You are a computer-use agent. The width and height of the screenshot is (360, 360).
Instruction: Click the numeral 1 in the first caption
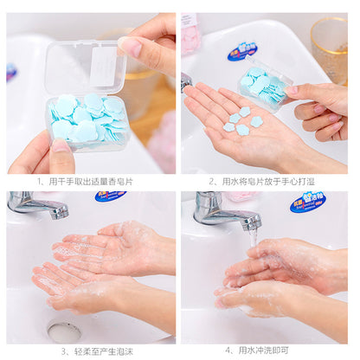click(x=39, y=182)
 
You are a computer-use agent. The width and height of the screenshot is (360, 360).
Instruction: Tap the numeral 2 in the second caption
click(x=211, y=182)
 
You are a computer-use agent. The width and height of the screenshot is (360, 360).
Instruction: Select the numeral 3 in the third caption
click(x=63, y=350)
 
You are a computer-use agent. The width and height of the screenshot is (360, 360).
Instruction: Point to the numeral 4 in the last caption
click(x=227, y=350)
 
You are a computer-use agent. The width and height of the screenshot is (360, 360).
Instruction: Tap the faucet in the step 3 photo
click(x=38, y=205)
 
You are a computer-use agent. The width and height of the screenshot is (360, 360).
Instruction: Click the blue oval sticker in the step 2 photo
click(x=242, y=51)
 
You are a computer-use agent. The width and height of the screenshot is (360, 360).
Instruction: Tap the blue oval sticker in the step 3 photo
click(x=110, y=196)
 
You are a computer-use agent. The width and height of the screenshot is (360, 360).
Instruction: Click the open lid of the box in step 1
click(x=87, y=65)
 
